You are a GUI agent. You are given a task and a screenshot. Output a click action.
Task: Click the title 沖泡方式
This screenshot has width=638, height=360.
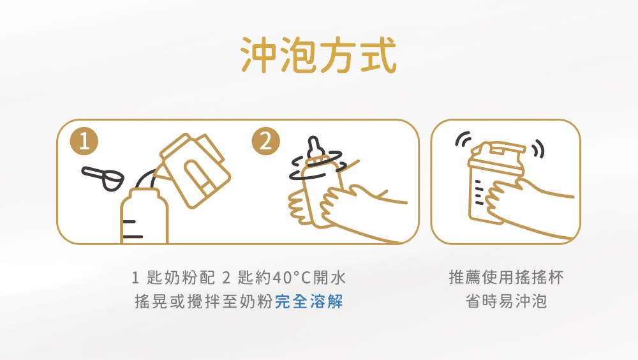click(x=318, y=54)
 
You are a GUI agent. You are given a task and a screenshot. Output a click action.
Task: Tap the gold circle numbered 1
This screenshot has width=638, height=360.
click(x=84, y=141)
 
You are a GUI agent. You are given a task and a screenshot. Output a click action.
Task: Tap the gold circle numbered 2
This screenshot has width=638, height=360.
click(x=265, y=141)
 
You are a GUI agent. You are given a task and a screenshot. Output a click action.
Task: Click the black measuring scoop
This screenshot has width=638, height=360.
click(x=103, y=178)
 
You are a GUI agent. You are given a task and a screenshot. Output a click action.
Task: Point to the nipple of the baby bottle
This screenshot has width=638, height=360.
click(x=314, y=148)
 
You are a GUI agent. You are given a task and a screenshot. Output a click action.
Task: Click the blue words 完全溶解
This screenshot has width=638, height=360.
click(x=309, y=302)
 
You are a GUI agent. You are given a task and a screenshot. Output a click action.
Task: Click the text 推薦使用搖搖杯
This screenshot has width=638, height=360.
click(x=506, y=277)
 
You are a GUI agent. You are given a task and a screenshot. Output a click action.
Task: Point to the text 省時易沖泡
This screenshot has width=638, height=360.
click(x=506, y=302)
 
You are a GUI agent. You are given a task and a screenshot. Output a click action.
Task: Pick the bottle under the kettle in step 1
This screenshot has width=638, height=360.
click(x=144, y=216)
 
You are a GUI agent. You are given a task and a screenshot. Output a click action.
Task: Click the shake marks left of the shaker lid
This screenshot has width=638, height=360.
click(x=463, y=139)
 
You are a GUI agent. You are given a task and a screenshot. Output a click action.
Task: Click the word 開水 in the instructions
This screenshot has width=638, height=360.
click(x=330, y=278)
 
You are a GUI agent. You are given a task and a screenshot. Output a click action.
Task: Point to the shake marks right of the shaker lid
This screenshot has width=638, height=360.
click(x=538, y=149)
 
